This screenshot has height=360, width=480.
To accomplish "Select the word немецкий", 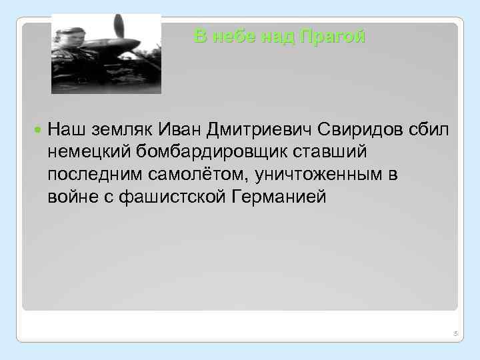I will pos(89,152).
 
